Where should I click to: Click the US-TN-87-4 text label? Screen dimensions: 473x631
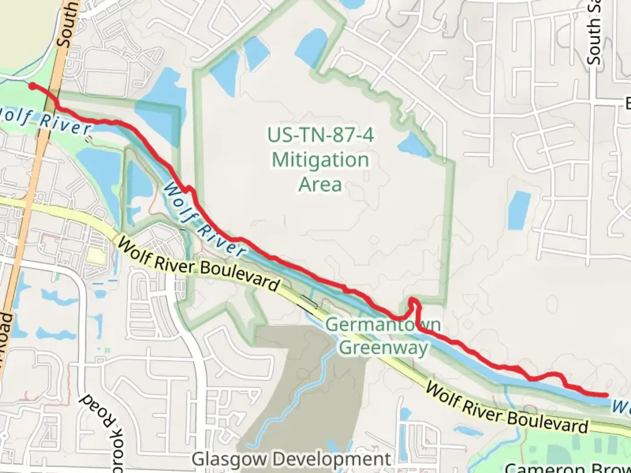(320, 135)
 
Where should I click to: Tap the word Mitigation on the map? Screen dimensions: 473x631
(320, 160)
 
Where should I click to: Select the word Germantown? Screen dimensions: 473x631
(383, 325)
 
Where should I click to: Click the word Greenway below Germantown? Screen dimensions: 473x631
(383, 348)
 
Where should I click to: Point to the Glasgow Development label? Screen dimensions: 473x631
(291, 459)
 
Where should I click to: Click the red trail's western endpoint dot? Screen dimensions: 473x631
(32, 86)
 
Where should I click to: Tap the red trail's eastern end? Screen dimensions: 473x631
(606, 395)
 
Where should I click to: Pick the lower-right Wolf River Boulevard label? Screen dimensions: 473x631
(507, 408)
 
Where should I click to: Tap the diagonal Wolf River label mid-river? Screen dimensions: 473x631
(204, 221)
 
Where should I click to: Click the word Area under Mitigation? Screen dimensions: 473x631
(320, 184)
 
